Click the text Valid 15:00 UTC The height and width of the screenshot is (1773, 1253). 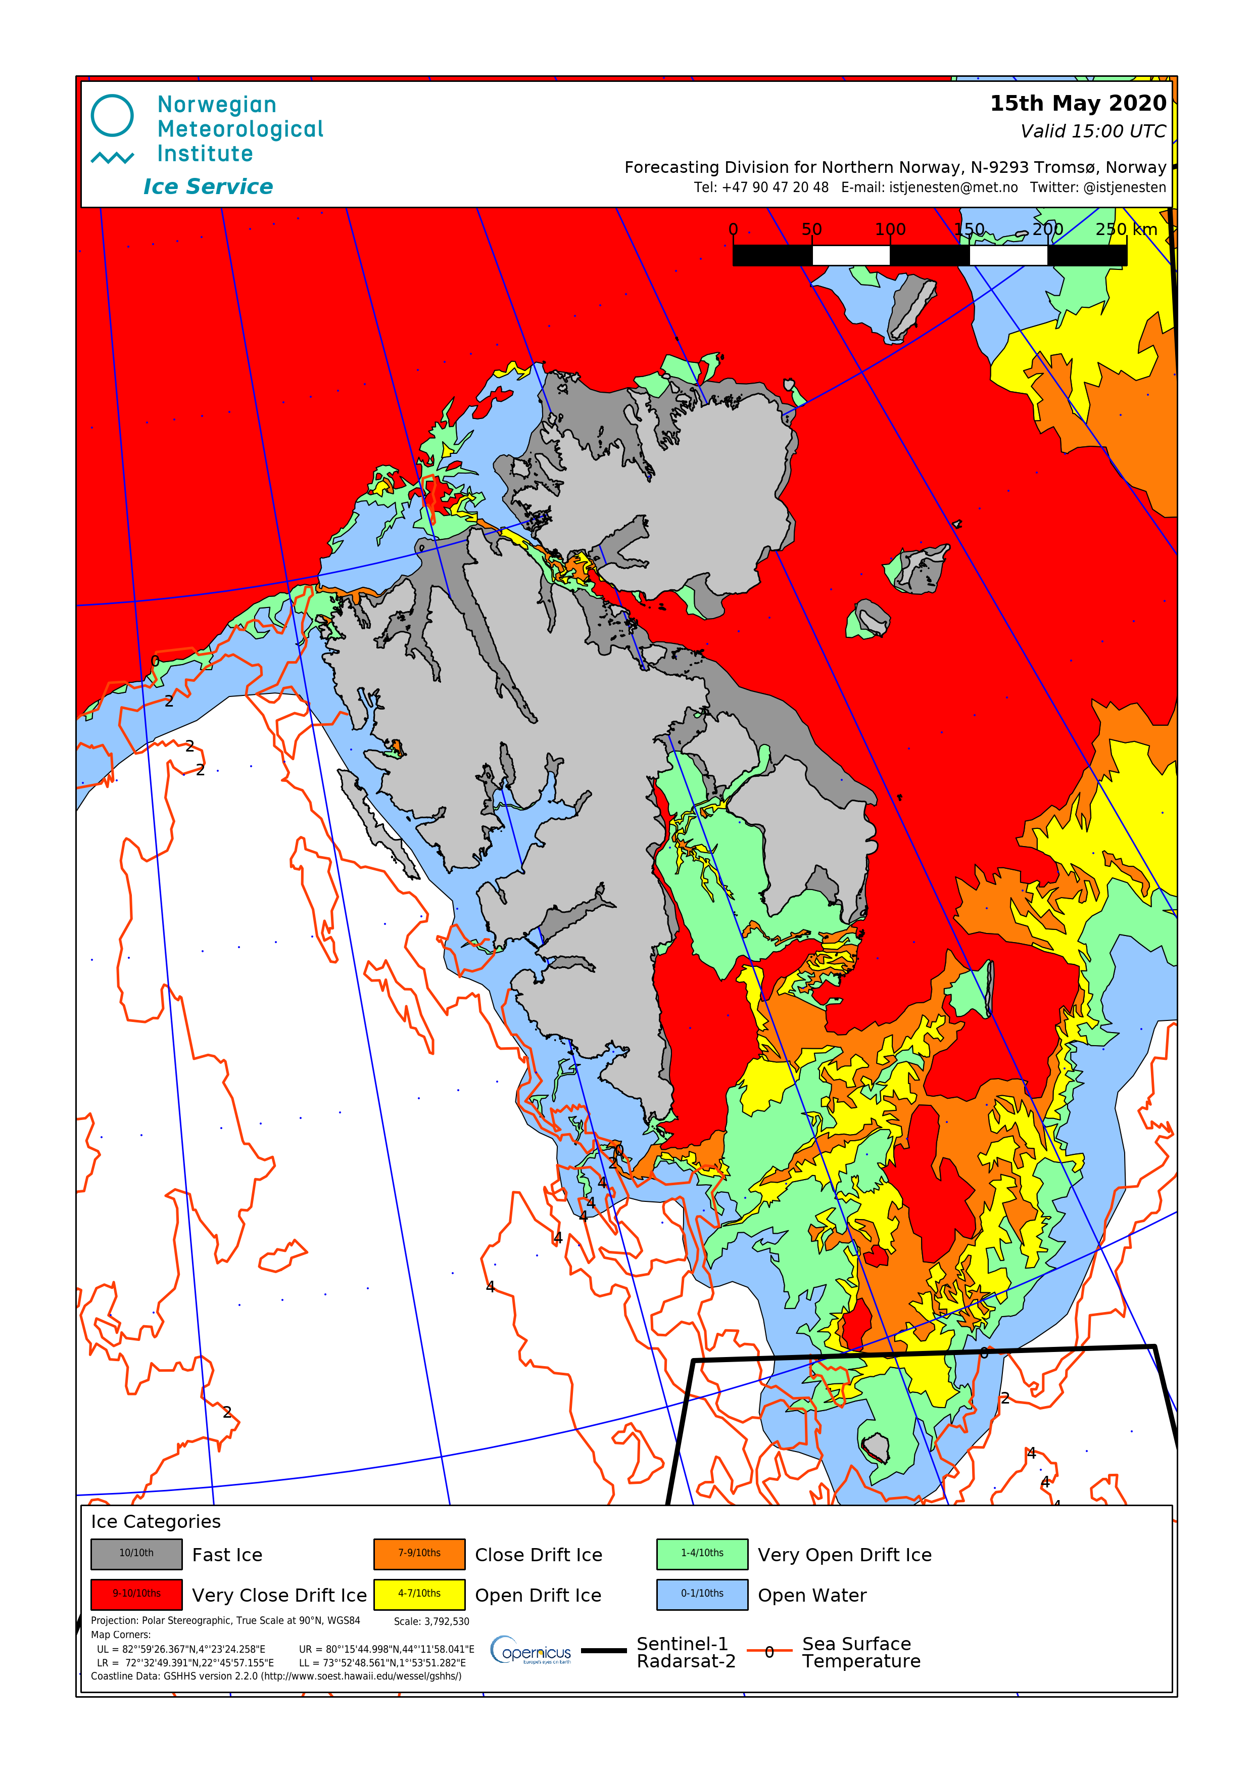coord(1092,131)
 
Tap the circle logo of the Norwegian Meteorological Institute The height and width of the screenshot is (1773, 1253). coord(112,116)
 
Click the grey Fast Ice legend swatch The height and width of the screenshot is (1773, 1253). coord(136,1554)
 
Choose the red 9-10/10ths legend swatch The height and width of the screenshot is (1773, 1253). coord(136,1594)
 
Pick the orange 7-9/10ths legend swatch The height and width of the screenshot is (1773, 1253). coord(419,1554)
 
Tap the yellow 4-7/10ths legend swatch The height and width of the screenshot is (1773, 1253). coord(419,1594)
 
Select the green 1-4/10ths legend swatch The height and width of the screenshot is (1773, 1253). coord(702,1554)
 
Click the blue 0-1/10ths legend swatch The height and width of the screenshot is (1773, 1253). coord(702,1594)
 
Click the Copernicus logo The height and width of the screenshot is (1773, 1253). coord(531,1650)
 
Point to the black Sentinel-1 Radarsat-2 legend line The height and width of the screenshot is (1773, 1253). coord(604,1650)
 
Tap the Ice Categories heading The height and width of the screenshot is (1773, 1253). coord(156,1521)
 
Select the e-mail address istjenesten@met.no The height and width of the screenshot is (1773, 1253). coord(953,188)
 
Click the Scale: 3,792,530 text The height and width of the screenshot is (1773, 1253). coord(431,1621)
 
